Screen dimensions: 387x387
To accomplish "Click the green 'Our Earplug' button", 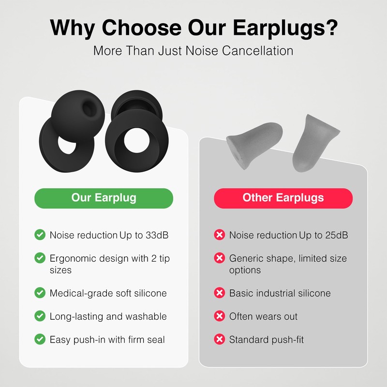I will point(104,198).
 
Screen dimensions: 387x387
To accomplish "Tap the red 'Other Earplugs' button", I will point(283,198).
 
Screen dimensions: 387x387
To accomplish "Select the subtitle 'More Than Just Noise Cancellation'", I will point(193,50).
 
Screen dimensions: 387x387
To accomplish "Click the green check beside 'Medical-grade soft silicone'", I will point(40,293).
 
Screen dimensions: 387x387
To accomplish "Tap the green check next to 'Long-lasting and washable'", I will point(40,316).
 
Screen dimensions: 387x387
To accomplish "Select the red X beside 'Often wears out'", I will point(220,316).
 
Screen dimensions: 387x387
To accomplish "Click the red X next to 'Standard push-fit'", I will point(220,340).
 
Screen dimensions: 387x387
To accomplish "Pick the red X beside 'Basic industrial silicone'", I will point(220,293).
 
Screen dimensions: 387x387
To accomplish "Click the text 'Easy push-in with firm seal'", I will point(107,340).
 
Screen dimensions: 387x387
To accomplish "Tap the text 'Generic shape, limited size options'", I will point(288,264).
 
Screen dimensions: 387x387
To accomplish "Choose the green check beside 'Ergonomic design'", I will point(40,259).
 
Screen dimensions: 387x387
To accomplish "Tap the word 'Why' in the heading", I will point(72,28).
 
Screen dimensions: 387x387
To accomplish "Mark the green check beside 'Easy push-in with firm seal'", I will point(40,340).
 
